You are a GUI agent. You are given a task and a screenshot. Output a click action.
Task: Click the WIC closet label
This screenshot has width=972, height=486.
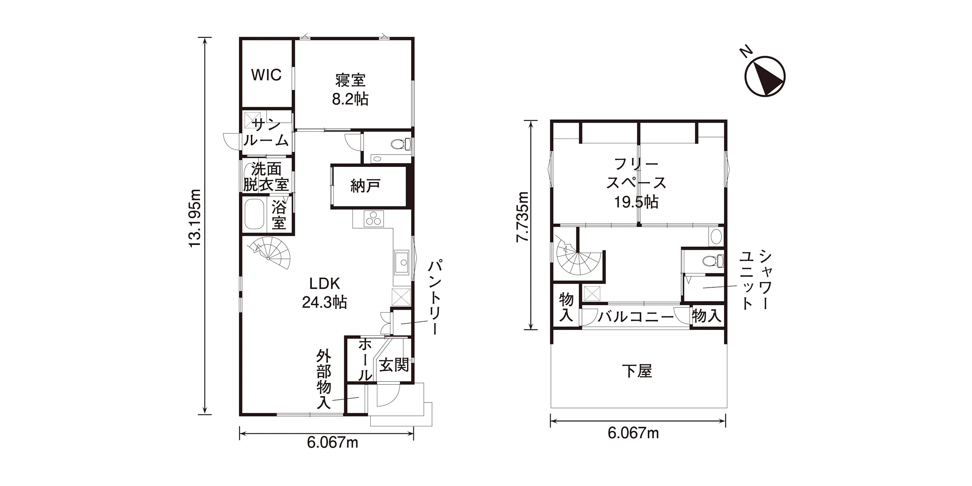click(x=266, y=75)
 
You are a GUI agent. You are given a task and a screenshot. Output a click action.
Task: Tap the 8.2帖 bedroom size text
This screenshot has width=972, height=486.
click(x=350, y=99)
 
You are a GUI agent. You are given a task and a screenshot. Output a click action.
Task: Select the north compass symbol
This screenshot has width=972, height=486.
click(x=765, y=77)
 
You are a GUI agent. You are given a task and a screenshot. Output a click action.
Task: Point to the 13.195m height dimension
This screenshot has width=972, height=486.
click(x=195, y=218)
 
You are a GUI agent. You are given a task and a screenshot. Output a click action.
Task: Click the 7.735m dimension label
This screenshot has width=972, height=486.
click(x=523, y=216)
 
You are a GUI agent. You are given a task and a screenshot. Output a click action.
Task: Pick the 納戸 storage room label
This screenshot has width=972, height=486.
click(x=365, y=186)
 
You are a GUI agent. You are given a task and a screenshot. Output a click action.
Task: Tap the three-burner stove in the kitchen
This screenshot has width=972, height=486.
click(x=373, y=218)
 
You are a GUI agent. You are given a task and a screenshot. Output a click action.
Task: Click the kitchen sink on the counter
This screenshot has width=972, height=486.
click(x=401, y=262)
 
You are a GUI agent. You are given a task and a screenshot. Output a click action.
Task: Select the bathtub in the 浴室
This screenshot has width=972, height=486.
click(x=254, y=214)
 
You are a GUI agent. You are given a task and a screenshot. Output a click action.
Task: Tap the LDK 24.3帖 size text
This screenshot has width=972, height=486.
click(x=324, y=302)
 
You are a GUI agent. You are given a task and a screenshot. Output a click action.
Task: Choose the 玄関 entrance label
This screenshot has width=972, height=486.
click(x=394, y=365)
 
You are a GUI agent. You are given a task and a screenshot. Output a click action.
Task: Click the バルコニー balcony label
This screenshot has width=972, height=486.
click(x=636, y=316)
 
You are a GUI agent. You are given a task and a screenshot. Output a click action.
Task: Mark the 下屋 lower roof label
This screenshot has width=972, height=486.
click(x=637, y=371)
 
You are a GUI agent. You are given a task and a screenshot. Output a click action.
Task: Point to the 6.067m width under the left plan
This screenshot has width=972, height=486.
click(x=332, y=443)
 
